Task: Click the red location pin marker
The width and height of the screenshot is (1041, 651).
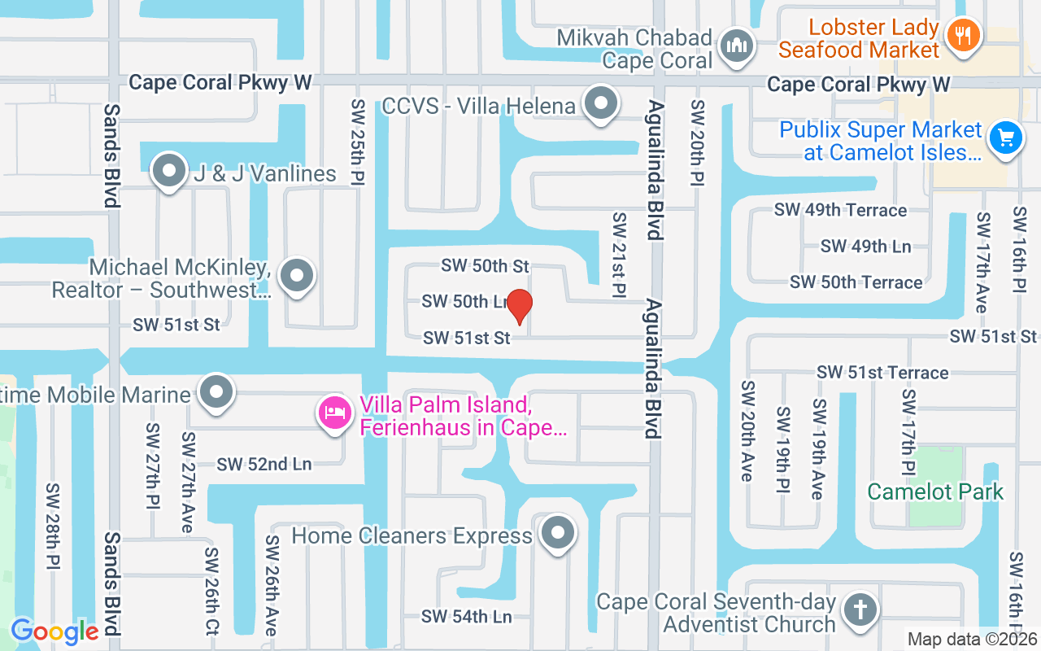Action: coord(520,306)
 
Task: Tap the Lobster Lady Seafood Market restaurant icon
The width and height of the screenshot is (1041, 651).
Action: coord(964,35)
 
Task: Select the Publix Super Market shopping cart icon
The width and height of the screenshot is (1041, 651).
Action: coord(1006,138)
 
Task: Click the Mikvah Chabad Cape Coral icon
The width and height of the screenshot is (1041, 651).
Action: coord(738,46)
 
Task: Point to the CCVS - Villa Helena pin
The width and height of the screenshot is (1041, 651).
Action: coord(602,103)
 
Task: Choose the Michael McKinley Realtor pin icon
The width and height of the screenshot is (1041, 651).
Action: coord(297,276)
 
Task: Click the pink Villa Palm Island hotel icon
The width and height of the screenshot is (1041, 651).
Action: coord(333,413)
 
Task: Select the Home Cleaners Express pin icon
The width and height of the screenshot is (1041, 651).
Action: coord(558,534)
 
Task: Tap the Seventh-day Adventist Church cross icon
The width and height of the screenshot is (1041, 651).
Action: coord(860,609)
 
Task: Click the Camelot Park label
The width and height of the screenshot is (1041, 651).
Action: coord(935,492)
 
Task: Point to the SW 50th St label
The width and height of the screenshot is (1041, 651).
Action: coord(485,266)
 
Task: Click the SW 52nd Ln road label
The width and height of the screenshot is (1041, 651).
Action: coord(264,464)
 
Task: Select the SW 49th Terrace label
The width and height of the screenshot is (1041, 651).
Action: coord(840,210)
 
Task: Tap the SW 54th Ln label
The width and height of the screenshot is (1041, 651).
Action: coord(466,617)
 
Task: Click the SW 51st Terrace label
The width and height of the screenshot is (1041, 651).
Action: coord(882,373)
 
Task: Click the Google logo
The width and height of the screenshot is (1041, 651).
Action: coord(54,631)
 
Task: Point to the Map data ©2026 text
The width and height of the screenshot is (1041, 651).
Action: coord(971,640)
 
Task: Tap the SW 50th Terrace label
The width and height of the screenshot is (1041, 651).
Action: coord(856,282)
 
